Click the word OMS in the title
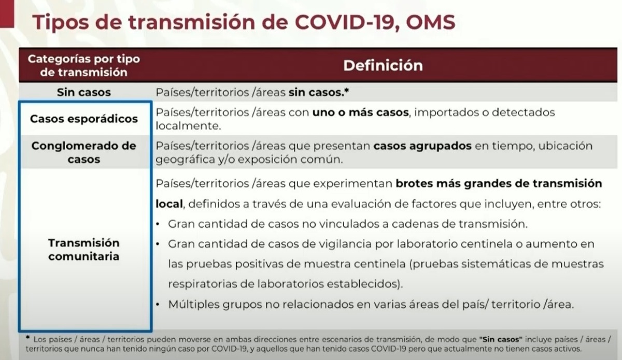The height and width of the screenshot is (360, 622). (431, 22)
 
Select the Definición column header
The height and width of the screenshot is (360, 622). (383, 65)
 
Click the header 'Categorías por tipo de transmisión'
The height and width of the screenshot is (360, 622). (83, 65)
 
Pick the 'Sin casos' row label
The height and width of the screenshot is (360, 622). (84, 92)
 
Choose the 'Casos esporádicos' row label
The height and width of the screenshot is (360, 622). (84, 119)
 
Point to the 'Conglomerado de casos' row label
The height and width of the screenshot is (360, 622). (84, 152)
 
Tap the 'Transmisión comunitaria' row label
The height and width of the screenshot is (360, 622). (84, 249)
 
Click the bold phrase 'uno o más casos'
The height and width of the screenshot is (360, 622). (360, 112)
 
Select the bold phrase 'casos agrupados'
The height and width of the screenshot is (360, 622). (422, 146)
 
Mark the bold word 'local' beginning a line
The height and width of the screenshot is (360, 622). (169, 204)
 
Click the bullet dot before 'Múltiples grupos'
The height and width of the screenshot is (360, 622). (158, 305)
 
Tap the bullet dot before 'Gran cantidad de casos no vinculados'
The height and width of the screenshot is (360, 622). (158, 224)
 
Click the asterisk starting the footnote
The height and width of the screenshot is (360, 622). (27, 338)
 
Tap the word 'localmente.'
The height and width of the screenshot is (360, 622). (188, 126)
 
